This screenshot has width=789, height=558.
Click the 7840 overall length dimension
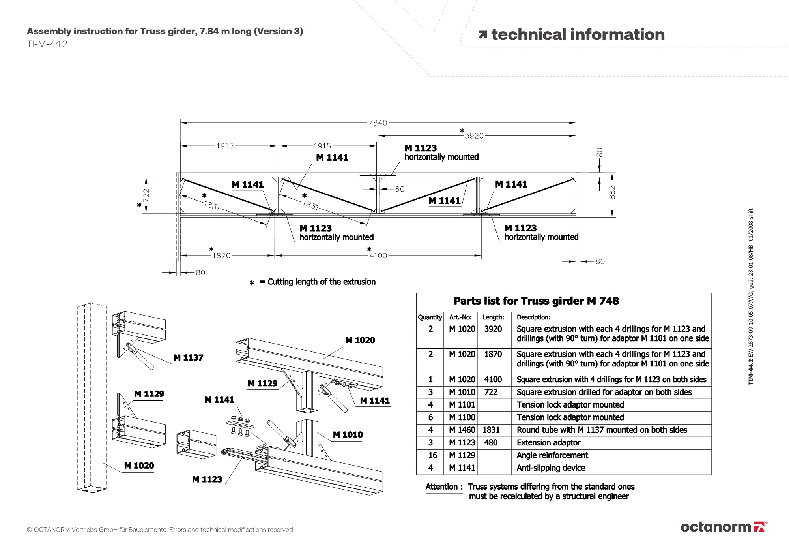pyautogui.click(x=378, y=123)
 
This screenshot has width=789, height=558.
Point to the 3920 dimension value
pyautogui.click(x=474, y=136)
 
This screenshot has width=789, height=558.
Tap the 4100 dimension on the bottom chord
pyautogui.click(x=378, y=256)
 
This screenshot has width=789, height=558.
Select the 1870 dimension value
pyautogui.click(x=221, y=256)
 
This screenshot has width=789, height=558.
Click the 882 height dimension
pyautogui.click(x=612, y=192)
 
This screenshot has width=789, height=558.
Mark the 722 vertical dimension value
pyautogui.click(x=146, y=195)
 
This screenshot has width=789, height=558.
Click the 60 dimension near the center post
pyautogui.click(x=400, y=189)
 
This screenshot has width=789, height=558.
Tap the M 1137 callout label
pyautogui.click(x=189, y=358)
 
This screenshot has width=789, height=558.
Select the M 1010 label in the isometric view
pyautogui.click(x=348, y=435)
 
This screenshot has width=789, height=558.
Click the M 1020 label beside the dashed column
pyautogui.click(x=139, y=466)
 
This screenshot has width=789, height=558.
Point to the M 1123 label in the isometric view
pyautogui.click(x=207, y=479)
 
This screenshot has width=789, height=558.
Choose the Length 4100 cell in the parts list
pyautogui.click(x=493, y=380)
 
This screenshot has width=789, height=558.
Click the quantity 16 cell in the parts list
pyautogui.click(x=433, y=455)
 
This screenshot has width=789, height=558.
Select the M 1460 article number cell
pyautogui.click(x=462, y=430)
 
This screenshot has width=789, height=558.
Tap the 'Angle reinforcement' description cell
pyautogui.click(x=552, y=455)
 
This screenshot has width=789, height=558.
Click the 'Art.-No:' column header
pyautogui.click(x=460, y=317)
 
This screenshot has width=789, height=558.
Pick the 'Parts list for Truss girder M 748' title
pyautogui.click(x=536, y=301)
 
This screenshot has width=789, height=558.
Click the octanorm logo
pyautogui.click(x=724, y=527)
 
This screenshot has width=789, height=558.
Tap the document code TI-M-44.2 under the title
pyautogui.click(x=47, y=44)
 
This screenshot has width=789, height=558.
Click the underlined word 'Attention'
pyautogui.click(x=441, y=487)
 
